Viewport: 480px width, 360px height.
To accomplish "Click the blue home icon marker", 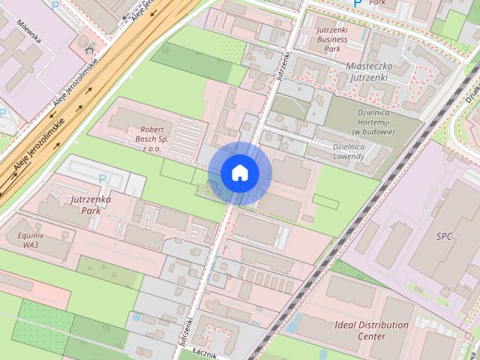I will click(x=240, y=173).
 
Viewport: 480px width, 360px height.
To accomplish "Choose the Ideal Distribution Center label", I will click(x=362, y=331).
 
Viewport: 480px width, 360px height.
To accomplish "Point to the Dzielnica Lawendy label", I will click(x=338, y=151).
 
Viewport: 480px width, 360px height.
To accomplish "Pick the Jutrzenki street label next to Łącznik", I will click(x=184, y=330).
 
